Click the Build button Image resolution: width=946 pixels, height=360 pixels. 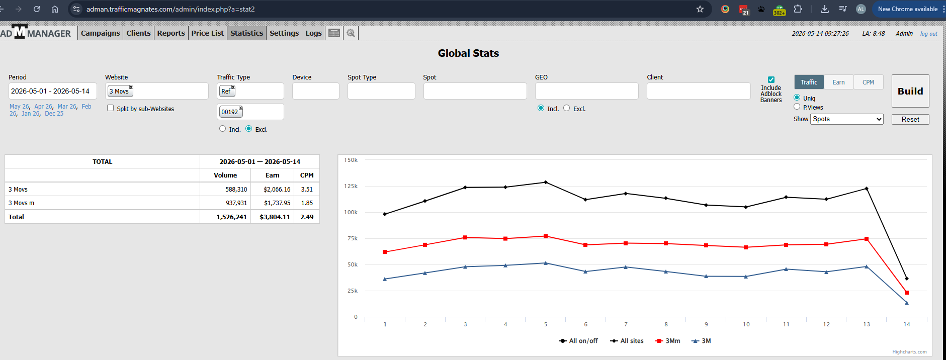pyautogui.click(x=910, y=91)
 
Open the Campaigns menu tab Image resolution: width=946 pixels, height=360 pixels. pyautogui.click(x=101, y=33)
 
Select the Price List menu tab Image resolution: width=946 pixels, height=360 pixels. pyautogui.click(x=207, y=33)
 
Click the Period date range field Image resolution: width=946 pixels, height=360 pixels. pyautogui.click(x=52, y=91)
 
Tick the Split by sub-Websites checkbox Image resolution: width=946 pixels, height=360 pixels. pyautogui.click(x=110, y=108)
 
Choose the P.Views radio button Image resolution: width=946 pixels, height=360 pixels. pyautogui.click(x=797, y=107)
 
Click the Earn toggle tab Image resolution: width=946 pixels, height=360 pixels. pyautogui.click(x=838, y=82)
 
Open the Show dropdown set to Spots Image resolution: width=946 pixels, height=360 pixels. pyautogui.click(x=847, y=119)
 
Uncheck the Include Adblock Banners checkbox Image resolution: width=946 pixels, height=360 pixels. pyautogui.click(x=771, y=79)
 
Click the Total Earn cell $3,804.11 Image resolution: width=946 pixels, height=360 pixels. pyautogui.click(x=275, y=217)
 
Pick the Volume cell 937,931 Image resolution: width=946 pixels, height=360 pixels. pyautogui.click(x=236, y=203)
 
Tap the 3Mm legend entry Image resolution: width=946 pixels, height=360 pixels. pyautogui.click(x=668, y=341)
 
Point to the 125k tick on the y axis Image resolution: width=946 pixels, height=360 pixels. pyautogui.click(x=351, y=186)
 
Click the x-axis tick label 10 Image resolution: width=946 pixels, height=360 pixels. pyautogui.click(x=746, y=324)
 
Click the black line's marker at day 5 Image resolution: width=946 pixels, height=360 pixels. pyautogui.click(x=546, y=182)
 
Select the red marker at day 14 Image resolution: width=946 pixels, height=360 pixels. pyautogui.click(x=907, y=293)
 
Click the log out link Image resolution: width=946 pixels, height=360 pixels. pyautogui.click(x=929, y=34)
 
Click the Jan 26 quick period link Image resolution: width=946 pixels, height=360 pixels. pyautogui.click(x=30, y=114)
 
